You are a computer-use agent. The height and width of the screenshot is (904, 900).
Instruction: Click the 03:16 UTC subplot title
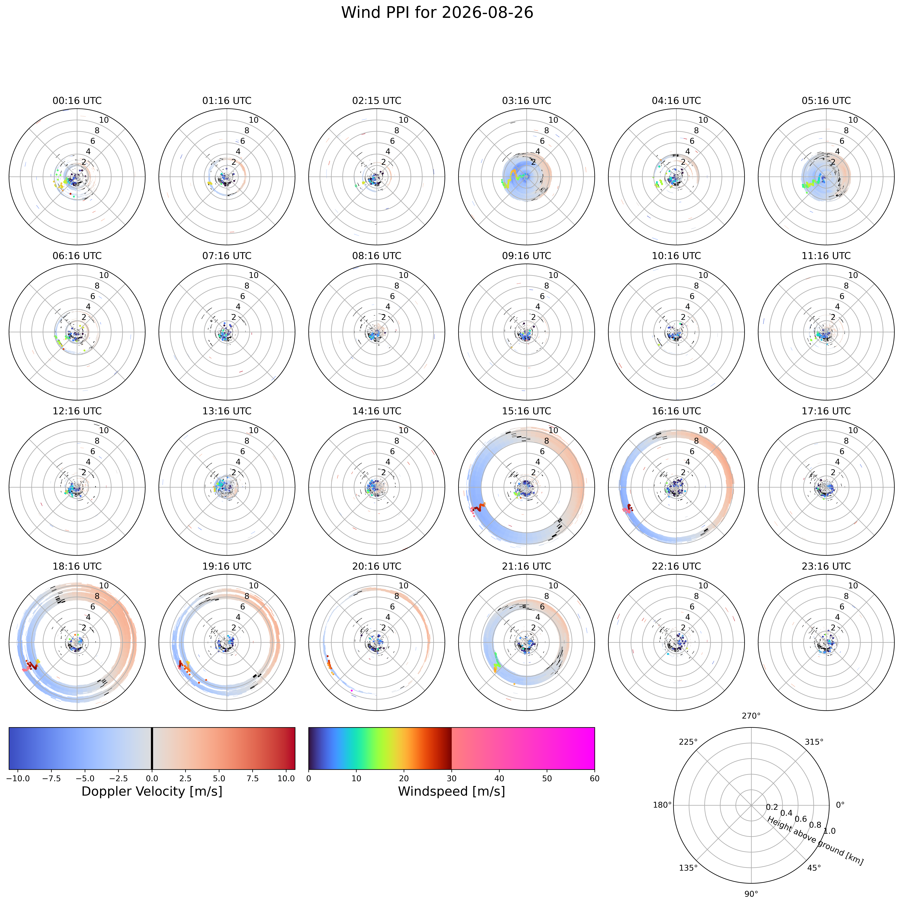tap(526, 101)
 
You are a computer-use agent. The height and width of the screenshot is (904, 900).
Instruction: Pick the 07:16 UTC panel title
tap(227, 256)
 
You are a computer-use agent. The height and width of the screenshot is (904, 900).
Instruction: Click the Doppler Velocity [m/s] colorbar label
tap(152, 791)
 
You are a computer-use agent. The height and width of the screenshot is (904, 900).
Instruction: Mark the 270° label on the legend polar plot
tap(751, 715)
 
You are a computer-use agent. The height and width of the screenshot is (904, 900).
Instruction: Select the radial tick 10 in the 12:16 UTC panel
tap(104, 430)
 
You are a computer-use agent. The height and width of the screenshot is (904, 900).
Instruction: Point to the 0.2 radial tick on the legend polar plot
tap(772, 807)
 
